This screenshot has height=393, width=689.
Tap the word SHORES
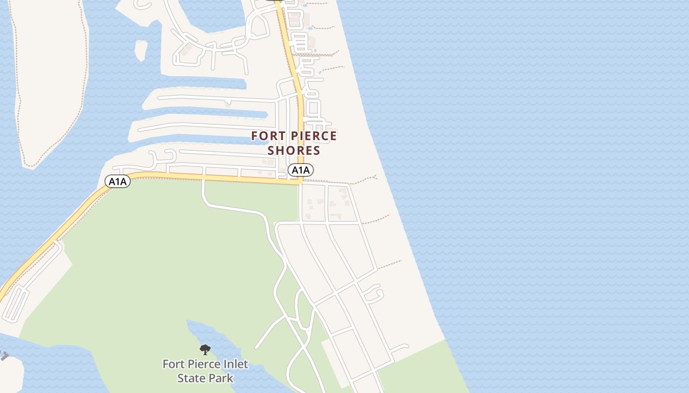pos(294,150)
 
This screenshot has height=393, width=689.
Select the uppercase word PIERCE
pos(313,136)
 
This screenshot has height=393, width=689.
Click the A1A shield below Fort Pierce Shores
pos(301,170)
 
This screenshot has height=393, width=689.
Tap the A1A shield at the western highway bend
pos(118,182)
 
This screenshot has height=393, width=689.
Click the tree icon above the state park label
pos(205,350)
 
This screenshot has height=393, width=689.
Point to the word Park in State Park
pos(220,378)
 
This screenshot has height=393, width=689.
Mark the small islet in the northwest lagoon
pos(140,49)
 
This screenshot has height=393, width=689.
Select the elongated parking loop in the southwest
pos(16,304)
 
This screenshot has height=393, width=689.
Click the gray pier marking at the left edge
pos(4,356)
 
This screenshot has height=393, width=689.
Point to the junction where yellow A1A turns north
pos(300,182)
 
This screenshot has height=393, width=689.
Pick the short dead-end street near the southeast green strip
pos(400,348)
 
